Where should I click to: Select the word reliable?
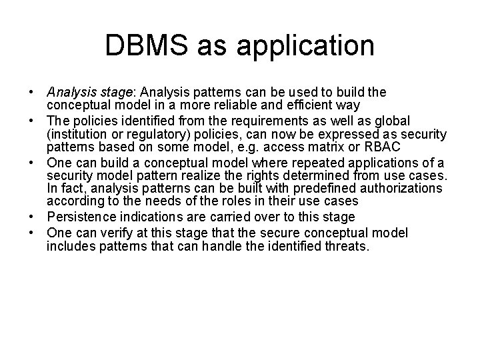255,105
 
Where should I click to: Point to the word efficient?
321,105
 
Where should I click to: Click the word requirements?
246,121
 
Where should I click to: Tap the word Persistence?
81,216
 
